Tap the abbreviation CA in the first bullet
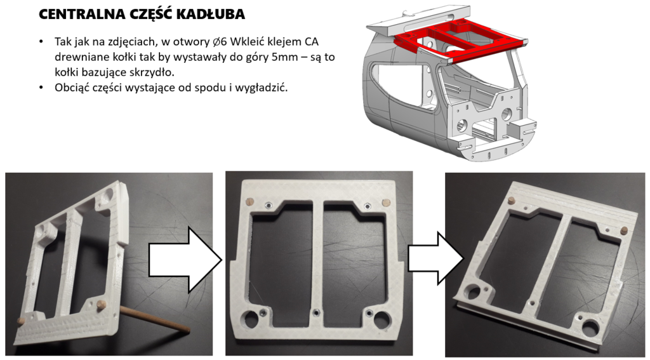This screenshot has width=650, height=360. tap(312, 42)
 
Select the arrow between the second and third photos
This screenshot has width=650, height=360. tap(435, 258)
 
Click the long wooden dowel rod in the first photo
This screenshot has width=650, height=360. tap(154, 319)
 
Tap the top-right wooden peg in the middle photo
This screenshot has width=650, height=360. tap(386, 203)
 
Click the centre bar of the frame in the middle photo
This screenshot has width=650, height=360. tap(318, 257)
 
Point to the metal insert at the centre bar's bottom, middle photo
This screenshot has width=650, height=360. tap(317, 312)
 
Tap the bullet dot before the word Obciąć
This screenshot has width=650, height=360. tap(41, 88)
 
